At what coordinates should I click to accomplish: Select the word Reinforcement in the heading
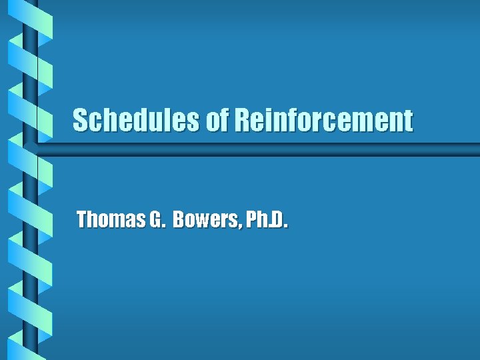tap(323, 121)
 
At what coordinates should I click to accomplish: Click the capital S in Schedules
tap(80, 121)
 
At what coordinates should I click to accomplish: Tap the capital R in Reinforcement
tap(241, 121)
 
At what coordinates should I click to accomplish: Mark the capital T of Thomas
tap(82, 219)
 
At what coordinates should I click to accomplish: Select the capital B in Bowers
tap(179, 219)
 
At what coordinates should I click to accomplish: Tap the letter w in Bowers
tap(202, 221)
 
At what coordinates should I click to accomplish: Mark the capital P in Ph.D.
tap(251, 219)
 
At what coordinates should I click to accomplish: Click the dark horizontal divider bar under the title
tap(267, 149)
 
